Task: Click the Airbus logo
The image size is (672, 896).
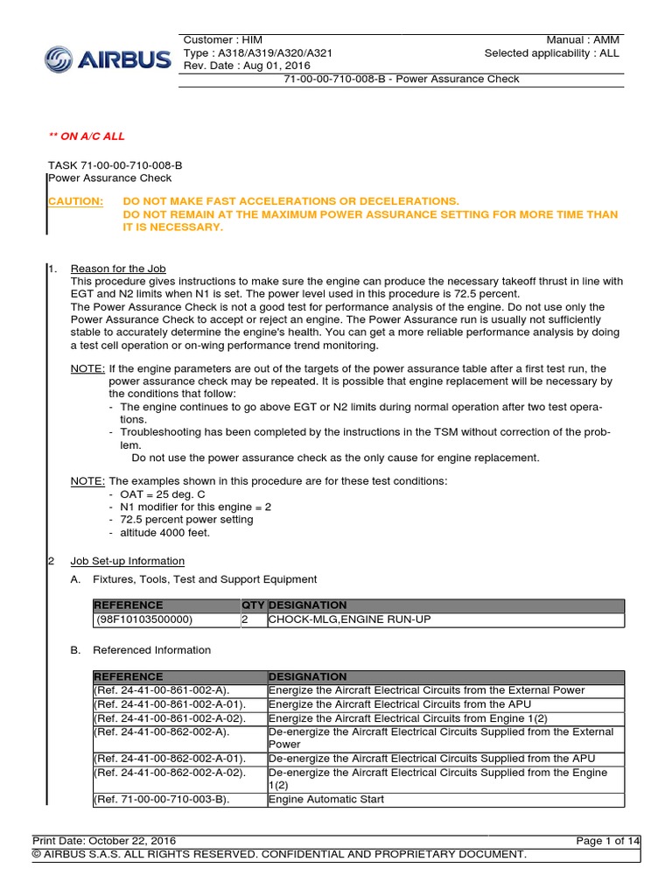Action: pos(108,59)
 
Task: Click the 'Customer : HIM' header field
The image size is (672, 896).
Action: pos(223,40)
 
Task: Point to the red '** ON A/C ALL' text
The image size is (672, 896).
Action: pos(86,137)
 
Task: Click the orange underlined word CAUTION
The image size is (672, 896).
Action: pos(74,201)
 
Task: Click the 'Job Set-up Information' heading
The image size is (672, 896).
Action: pos(127,561)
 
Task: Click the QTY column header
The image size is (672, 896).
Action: pos(252,605)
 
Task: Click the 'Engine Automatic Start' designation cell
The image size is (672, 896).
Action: pos(326,799)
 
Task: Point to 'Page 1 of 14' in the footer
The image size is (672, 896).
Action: pos(608,841)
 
